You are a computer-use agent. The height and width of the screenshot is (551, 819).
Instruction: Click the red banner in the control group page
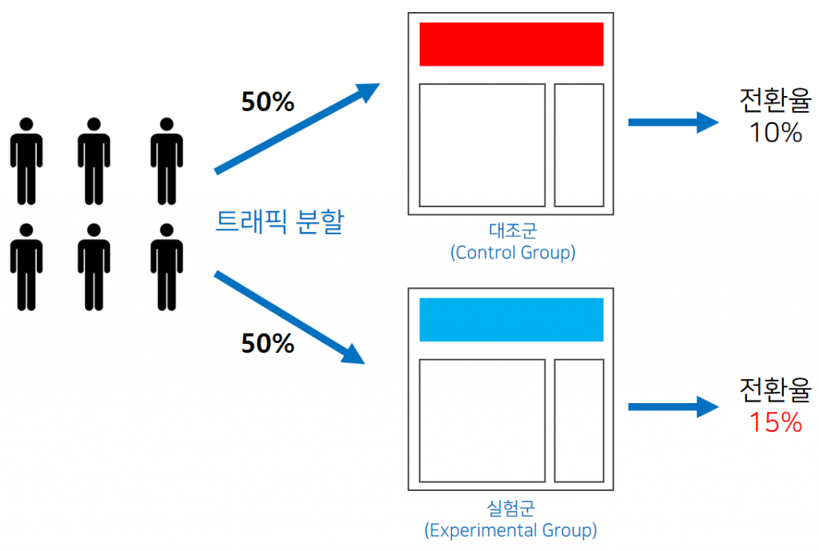coord(511,45)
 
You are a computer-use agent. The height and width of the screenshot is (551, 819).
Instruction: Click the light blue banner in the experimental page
coord(511,320)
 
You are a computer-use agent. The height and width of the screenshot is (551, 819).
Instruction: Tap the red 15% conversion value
coord(776,422)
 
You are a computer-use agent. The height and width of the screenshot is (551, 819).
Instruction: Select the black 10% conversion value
coord(776,133)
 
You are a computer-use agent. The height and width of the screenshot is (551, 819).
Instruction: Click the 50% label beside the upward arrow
coord(267,102)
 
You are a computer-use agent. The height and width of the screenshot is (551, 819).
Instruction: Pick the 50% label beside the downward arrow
coord(267,344)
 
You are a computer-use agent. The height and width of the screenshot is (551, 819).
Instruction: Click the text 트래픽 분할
coord(280,222)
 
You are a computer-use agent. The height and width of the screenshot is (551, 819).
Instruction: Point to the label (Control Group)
coord(513,253)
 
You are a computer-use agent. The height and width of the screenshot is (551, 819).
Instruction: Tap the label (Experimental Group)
coord(511,530)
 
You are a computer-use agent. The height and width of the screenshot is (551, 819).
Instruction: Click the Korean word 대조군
coord(513,230)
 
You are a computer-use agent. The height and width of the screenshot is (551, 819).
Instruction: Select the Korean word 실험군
coord(511,508)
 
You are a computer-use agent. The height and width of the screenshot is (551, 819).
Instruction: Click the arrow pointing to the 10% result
coord(673,122)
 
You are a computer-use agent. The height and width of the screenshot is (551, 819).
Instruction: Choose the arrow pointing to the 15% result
coord(673,407)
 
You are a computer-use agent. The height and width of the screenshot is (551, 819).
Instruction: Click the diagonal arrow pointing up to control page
coord(298,128)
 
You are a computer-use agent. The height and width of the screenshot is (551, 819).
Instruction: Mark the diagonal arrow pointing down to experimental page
coord(290,317)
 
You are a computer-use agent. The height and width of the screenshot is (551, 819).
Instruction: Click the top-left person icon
coord(26,162)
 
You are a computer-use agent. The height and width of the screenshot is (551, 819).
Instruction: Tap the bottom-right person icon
coord(166,267)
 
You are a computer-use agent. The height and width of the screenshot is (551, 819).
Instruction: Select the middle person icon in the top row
coord(94,162)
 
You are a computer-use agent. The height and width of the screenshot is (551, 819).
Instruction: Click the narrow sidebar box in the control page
coord(579,146)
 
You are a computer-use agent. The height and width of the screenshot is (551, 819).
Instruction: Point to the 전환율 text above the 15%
coord(776,389)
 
